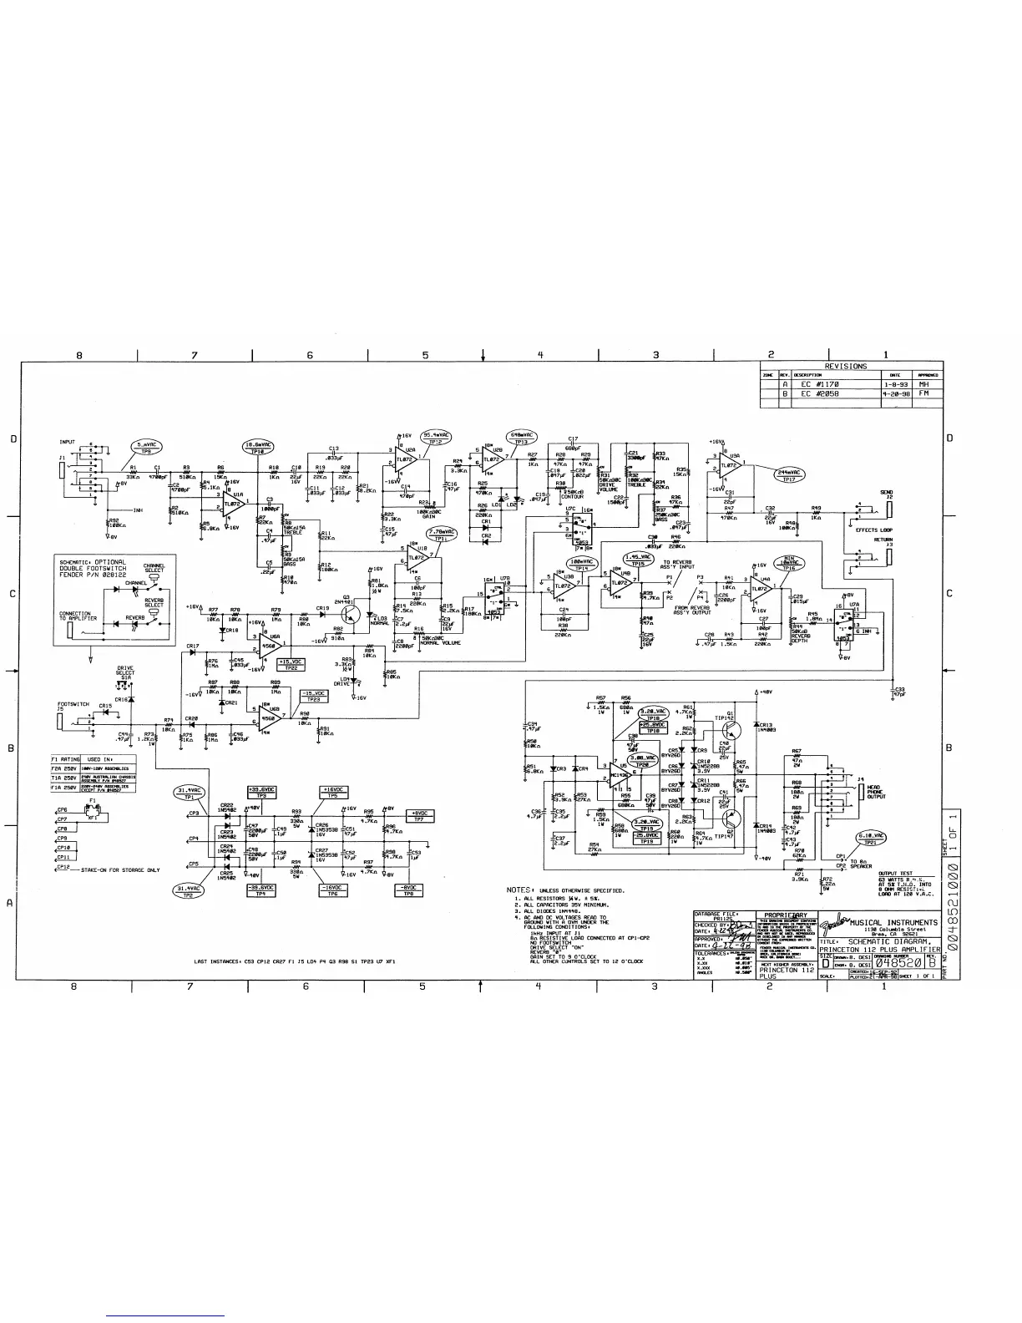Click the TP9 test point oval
point(146,448)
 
